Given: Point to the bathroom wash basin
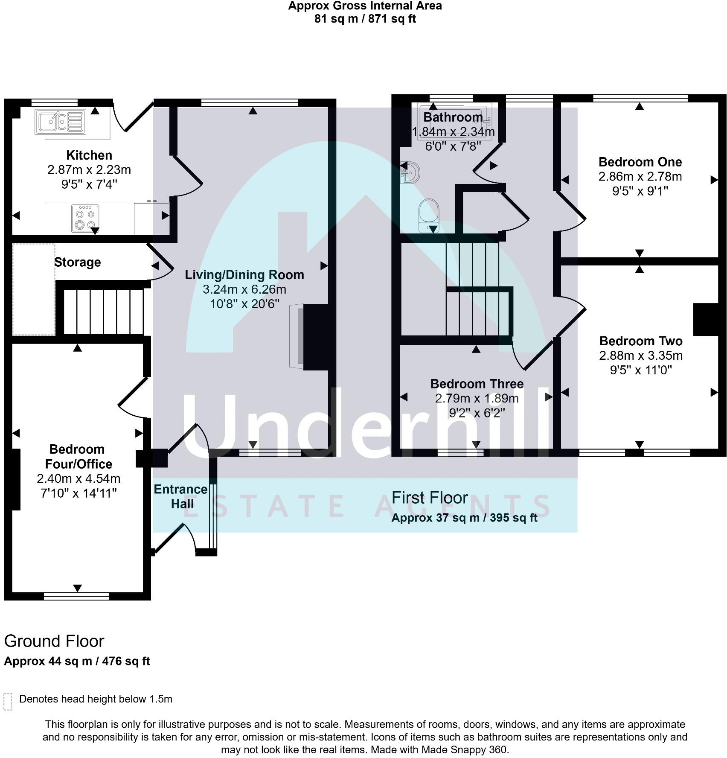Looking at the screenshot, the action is (x=410, y=172).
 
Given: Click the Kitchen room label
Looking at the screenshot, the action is (x=89, y=155).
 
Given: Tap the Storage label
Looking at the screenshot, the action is (x=78, y=262).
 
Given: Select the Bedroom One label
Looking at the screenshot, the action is (x=640, y=162).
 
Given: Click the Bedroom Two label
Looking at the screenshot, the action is (x=640, y=341).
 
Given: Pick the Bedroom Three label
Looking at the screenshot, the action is (x=477, y=384).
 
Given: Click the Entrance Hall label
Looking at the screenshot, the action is (x=181, y=496).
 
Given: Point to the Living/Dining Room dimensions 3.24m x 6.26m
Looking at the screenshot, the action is (x=244, y=289).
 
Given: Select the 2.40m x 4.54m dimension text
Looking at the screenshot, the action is (x=79, y=478).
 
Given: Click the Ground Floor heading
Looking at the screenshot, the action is (x=54, y=641).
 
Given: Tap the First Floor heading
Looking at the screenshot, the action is (x=430, y=498).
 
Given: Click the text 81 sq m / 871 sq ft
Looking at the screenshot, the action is (x=365, y=19).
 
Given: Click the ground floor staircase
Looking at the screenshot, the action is (x=104, y=312).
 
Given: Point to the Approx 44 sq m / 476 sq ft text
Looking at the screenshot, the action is (x=77, y=661).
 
